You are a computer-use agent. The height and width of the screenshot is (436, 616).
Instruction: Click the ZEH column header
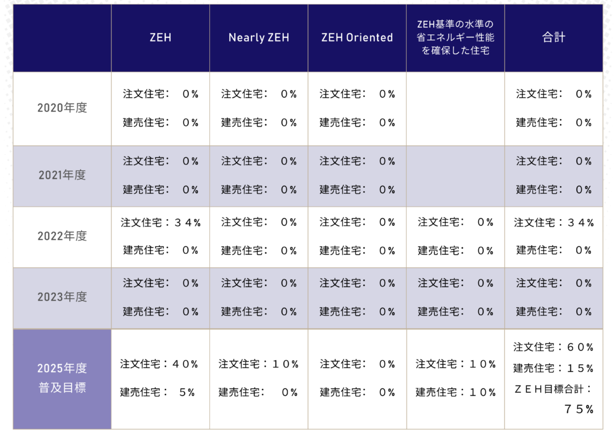tap(160, 37)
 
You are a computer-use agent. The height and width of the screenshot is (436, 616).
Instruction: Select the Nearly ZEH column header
tap(259, 37)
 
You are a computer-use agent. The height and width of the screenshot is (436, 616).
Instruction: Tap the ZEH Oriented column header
tap(357, 37)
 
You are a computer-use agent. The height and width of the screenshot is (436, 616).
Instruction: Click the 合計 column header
tap(553, 37)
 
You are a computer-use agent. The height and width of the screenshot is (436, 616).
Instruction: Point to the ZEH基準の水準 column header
tap(455, 37)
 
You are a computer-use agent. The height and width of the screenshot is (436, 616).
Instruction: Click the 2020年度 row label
tap(62, 108)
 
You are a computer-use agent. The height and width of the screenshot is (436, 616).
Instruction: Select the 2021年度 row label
tap(62, 175)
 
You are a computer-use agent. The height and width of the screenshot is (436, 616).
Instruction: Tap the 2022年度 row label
tap(62, 236)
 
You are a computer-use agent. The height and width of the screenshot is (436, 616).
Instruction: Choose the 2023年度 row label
tap(62, 297)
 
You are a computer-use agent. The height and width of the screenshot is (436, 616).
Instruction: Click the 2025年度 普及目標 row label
tap(62, 378)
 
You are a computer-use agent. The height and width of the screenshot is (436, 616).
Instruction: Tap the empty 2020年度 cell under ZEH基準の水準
tap(455, 108)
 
